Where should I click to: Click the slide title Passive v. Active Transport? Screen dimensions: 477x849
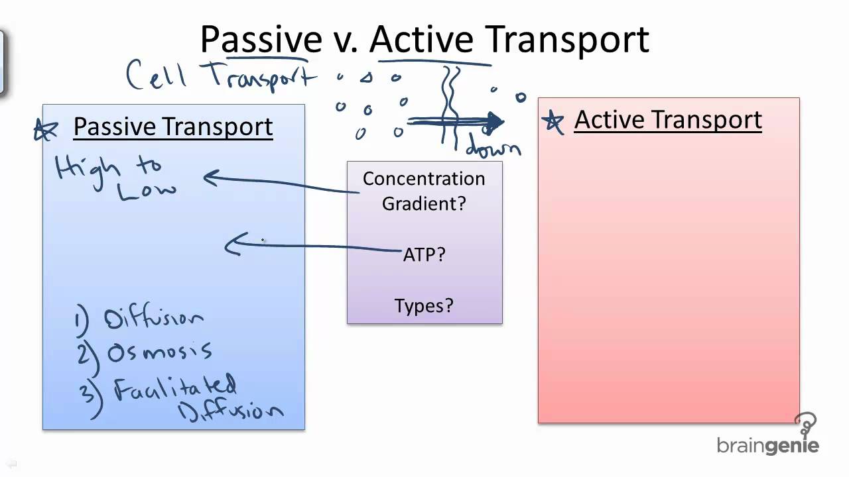point(424,40)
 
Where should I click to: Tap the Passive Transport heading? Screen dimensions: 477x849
point(172,127)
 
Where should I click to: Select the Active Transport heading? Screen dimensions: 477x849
point(667,120)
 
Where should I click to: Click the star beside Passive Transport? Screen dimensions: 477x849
point(46,130)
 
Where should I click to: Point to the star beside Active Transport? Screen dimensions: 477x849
point(553,121)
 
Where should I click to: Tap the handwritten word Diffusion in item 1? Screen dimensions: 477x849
point(154,319)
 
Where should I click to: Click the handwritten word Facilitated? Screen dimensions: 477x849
point(176,388)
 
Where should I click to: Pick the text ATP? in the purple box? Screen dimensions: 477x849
point(424,254)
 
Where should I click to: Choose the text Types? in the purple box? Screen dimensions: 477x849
point(424,305)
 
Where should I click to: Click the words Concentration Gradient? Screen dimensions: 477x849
point(424,191)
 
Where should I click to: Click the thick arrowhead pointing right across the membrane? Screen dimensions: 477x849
point(494,121)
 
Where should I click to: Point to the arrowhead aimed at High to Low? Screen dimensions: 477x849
point(211,177)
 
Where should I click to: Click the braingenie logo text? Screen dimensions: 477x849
point(768,445)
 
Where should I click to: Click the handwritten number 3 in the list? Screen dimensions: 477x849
point(87,392)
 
